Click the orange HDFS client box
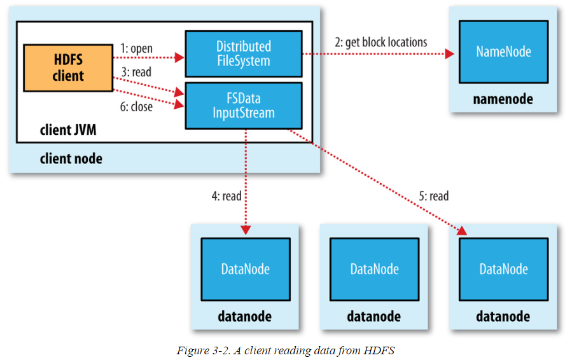click(67, 67)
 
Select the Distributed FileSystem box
click(243, 54)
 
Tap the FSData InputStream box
click(243, 105)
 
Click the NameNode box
click(503, 51)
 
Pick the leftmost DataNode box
click(245, 269)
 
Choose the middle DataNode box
click(374, 269)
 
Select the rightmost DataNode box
click(503, 269)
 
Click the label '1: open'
click(136, 48)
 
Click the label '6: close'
click(136, 107)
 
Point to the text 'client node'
click(71, 158)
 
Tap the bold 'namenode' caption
click(503, 99)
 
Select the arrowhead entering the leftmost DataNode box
click(245, 230)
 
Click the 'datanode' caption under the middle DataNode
click(374, 316)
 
